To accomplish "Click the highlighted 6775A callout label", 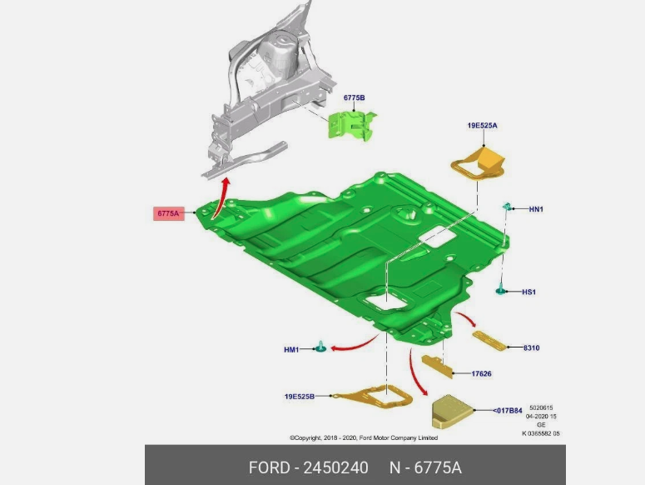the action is click(169, 213).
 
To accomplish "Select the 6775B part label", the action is click(355, 97).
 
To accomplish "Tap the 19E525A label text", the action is click(482, 125).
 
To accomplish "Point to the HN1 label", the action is click(536, 209).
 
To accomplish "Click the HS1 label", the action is click(529, 292).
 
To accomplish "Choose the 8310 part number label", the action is click(532, 347).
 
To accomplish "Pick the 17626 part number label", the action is click(481, 374).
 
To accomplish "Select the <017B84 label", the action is click(508, 411).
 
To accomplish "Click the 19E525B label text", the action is click(300, 397).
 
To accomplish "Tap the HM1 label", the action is click(291, 349).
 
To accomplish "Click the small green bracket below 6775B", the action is click(352, 125).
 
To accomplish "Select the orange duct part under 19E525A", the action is click(478, 163).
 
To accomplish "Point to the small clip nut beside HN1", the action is click(507, 207).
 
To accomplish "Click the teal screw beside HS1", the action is click(500, 289).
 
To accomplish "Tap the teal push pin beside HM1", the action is click(320, 347).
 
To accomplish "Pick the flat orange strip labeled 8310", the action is click(489, 341).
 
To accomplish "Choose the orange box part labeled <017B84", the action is click(452, 412).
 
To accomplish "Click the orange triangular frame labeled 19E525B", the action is click(372, 397).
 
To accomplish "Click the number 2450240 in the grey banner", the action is click(335, 467).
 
